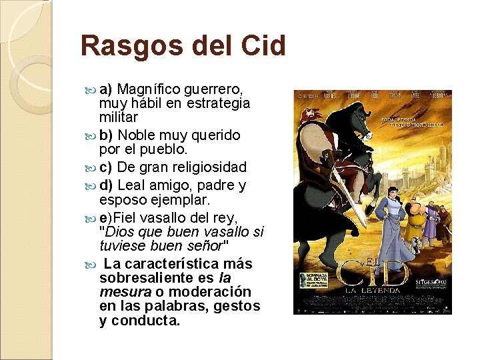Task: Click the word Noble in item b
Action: pyautogui.click(x=137, y=135)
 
